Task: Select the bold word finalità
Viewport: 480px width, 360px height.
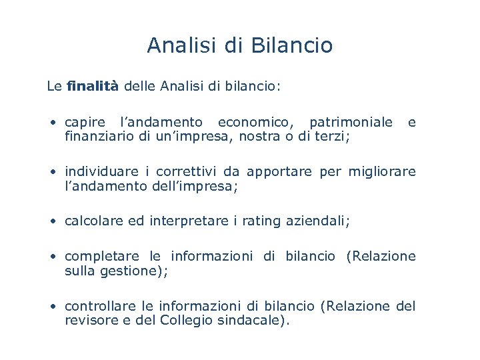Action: point(93,86)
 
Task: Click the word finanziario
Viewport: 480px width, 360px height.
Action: point(97,137)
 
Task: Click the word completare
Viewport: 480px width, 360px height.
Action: point(102,257)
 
